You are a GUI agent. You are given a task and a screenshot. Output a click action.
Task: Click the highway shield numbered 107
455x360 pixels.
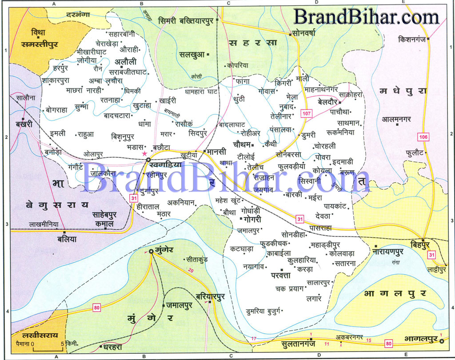tap(307, 113)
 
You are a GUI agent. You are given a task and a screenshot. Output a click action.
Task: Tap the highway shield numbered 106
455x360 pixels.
tap(423, 137)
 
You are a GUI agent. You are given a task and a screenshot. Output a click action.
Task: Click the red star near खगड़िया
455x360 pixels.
tap(144, 153)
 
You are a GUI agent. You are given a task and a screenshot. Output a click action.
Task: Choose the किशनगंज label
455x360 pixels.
tap(413, 39)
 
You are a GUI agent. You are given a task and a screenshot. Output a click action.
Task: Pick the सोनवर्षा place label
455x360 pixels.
tap(307, 33)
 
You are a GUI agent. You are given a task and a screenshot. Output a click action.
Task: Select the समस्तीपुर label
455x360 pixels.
tap(40, 44)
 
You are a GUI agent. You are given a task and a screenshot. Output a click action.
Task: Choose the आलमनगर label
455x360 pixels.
tap(397, 119)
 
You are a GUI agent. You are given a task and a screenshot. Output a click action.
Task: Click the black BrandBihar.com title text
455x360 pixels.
tap(366, 17)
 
